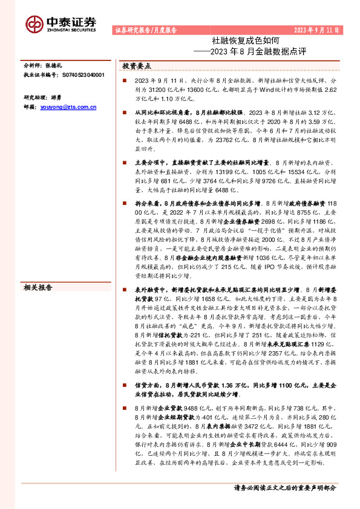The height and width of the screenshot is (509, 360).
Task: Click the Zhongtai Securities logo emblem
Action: point(34,23)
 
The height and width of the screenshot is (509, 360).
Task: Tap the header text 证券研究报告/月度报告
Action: point(145,29)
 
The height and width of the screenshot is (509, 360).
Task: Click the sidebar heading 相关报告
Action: point(38,270)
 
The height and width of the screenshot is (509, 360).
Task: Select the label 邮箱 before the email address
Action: point(29,89)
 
